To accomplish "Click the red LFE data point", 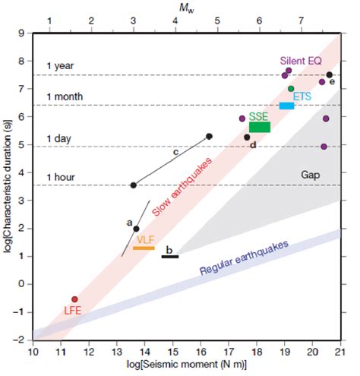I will point(74,299).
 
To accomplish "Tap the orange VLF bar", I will point(144,248).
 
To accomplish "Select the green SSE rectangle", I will point(260,127).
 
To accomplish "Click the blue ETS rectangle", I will point(286,106).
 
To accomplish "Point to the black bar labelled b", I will point(170,257).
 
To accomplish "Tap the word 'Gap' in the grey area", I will point(309,175).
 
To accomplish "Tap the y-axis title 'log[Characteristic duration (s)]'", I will point(8,187).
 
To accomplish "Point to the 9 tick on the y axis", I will point(24,33).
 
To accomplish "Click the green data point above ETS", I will point(291,89).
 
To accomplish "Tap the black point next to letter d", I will point(247,137).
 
